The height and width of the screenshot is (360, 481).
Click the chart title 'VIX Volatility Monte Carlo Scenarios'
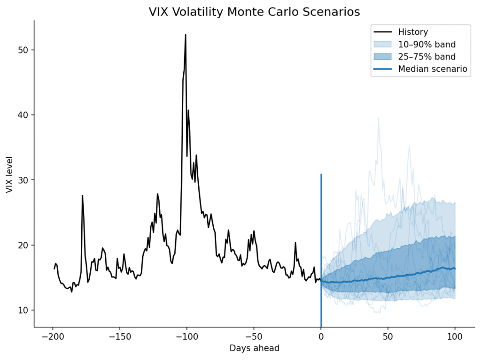254,12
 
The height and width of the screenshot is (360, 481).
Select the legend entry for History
413,32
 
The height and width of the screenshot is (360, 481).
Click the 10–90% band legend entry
427,45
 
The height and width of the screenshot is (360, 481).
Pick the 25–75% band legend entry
427,57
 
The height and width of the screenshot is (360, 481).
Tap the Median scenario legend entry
433,69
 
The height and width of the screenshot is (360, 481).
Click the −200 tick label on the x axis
52,337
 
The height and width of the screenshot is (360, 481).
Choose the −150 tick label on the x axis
119,337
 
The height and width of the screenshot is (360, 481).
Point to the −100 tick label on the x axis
186,337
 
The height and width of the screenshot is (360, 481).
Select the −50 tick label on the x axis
254,337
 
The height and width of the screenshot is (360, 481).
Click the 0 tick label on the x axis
321,337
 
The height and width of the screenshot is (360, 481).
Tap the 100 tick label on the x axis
455,337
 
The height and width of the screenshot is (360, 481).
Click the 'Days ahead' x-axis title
254,348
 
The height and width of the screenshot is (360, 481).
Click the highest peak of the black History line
186,35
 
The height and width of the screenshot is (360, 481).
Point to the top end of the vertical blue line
321,174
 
